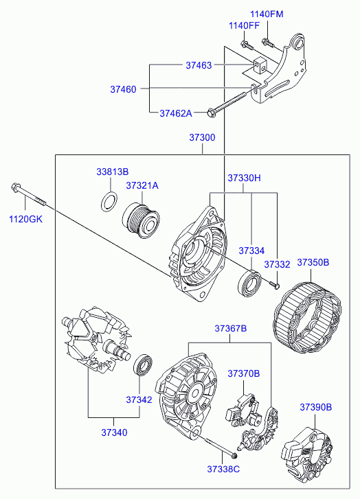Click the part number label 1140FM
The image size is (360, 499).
pyautogui.click(x=267, y=14)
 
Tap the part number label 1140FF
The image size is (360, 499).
pyautogui.click(x=245, y=25)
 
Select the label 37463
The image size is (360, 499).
pyautogui.click(x=199, y=65)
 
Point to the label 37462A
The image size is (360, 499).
pyautogui.click(x=176, y=113)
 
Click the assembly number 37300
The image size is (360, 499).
pyautogui.click(x=202, y=137)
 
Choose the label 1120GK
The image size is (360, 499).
pyautogui.click(x=25, y=219)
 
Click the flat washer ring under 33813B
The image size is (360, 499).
pyautogui.click(x=109, y=201)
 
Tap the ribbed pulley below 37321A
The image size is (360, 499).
pyautogui.click(x=142, y=220)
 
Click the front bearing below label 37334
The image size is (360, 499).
pyautogui.click(x=250, y=283)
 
